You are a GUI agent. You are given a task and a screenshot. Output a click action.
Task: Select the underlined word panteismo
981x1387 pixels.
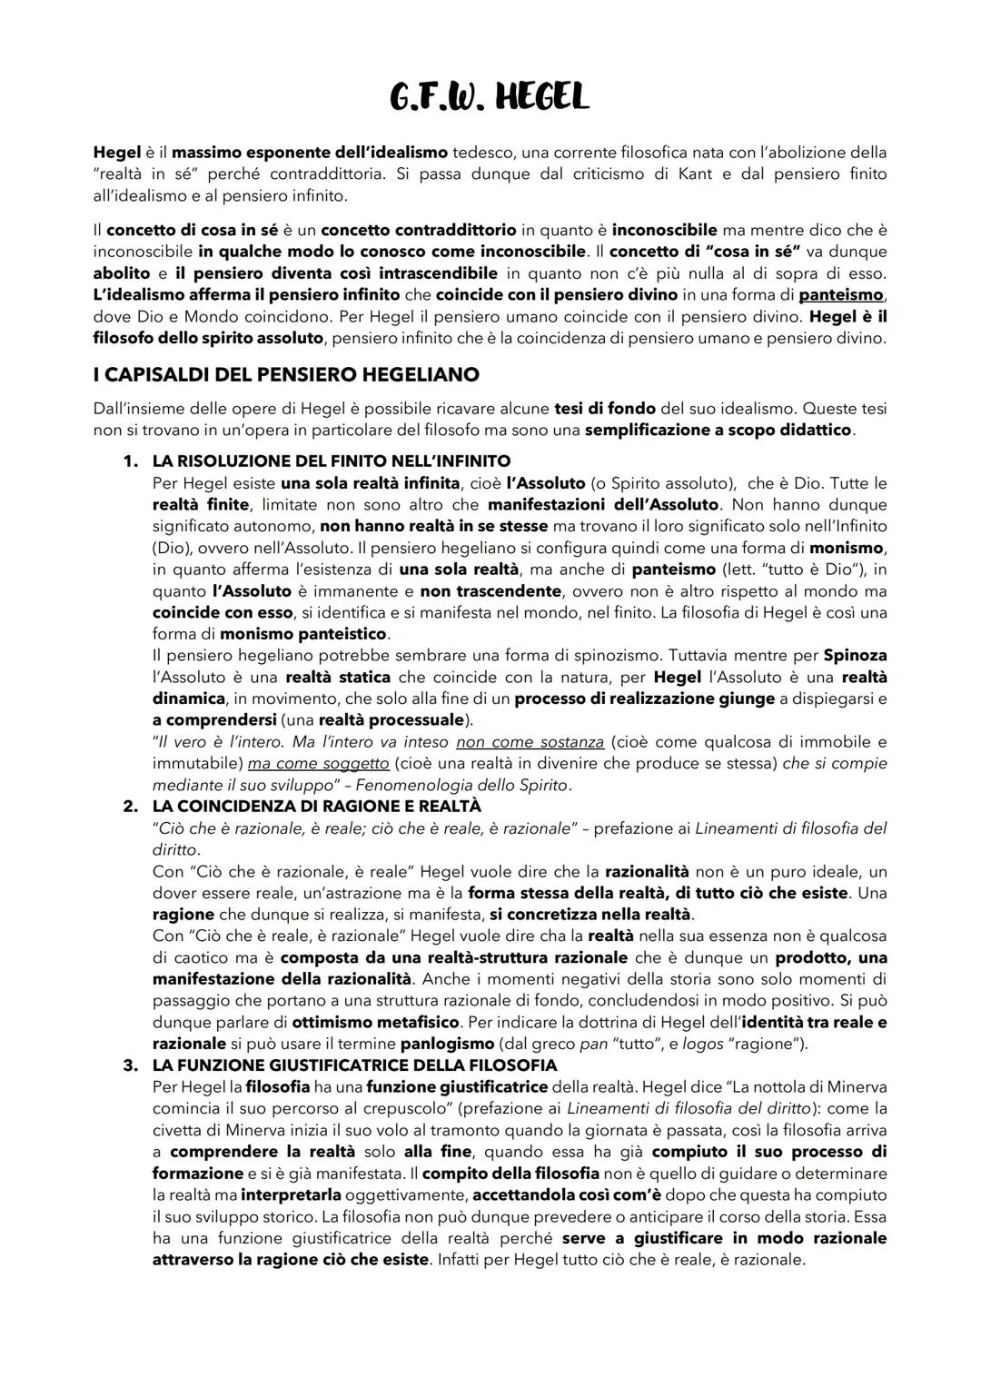tap(841, 294)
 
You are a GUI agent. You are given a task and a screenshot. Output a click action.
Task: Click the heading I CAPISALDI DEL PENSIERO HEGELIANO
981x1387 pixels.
tap(286, 374)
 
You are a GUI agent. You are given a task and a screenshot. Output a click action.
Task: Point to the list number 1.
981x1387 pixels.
tap(130, 461)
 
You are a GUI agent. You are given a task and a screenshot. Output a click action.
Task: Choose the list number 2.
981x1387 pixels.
tap(130, 807)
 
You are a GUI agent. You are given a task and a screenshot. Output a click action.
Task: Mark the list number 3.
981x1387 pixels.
tap(130, 1065)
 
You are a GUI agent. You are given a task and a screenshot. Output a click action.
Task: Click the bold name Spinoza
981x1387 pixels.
tap(855, 655)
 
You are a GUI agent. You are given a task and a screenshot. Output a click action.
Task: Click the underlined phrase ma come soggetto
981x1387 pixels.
tap(317, 763)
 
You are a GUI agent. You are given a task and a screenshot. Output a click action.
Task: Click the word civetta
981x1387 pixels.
tap(179, 1130)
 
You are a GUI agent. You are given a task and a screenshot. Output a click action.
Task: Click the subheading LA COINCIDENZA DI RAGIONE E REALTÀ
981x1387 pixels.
tap(316, 807)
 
